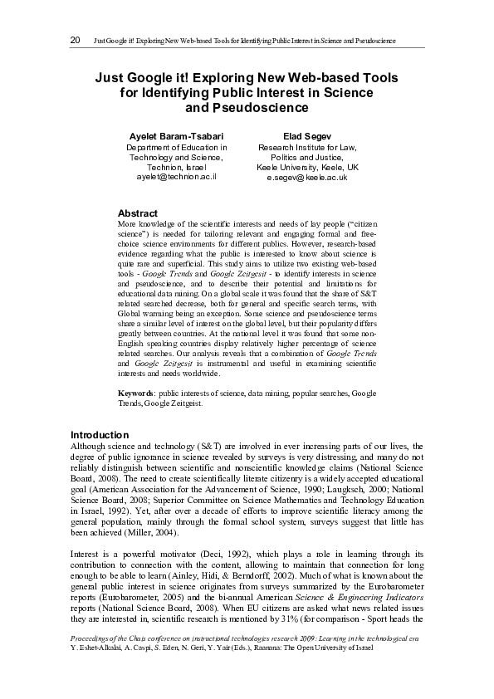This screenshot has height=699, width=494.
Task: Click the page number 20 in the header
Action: [x=75, y=40]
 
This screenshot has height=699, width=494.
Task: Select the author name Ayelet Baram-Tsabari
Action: [x=176, y=135]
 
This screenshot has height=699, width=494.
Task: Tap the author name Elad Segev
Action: [x=306, y=135]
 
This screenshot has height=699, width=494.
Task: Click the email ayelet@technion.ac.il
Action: [x=176, y=178]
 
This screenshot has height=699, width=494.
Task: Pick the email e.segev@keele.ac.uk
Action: [x=306, y=178]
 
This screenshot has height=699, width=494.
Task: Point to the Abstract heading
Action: [x=138, y=213]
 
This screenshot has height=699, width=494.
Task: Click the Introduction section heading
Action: [x=100, y=435]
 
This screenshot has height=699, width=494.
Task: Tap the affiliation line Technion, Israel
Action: [x=176, y=167]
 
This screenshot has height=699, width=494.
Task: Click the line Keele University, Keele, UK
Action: [x=306, y=167]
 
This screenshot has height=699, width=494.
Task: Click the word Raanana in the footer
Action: [x=252, y=670]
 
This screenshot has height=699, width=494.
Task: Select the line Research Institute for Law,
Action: [x=306, y=146]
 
